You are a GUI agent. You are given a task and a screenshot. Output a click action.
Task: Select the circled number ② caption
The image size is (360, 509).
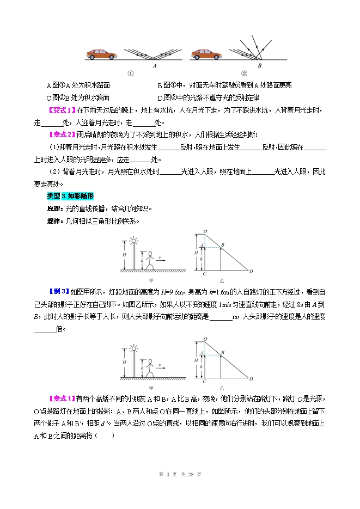[x=244, y=73]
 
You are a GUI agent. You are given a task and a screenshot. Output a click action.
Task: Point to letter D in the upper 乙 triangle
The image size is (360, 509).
[x=251, y=271]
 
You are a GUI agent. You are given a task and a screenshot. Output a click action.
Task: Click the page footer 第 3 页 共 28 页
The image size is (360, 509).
[x=180, y=474]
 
